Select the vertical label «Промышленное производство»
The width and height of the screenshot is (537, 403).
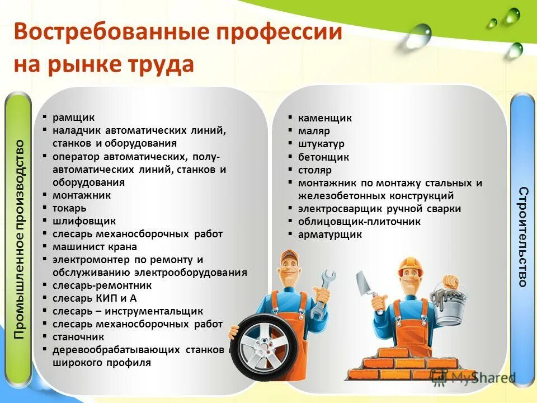20,239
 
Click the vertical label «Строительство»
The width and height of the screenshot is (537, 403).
523,237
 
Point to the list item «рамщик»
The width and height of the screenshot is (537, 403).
74,118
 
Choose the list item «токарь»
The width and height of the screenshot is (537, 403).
69,208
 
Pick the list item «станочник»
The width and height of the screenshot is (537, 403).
78,337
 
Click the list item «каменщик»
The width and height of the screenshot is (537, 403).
324,118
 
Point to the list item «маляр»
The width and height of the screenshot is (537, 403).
314,131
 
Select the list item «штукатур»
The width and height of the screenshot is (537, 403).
321,144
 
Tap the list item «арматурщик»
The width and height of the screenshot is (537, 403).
330,235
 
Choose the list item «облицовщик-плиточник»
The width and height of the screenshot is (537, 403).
359,222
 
